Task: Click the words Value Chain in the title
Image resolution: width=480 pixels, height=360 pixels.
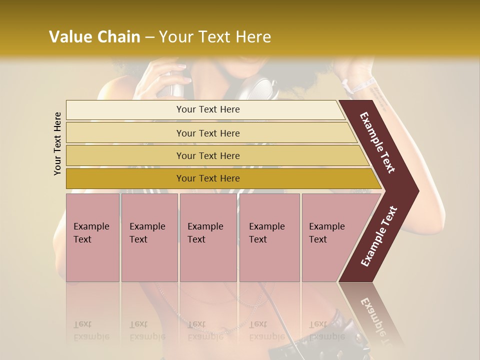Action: [94, 37]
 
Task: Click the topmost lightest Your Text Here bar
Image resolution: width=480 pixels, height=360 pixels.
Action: [208, 109]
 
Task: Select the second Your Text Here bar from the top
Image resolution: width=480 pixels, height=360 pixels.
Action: [208, 133]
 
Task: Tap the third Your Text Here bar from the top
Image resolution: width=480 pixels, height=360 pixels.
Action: [208, 155]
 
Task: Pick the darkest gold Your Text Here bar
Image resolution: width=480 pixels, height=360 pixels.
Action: [208, 178]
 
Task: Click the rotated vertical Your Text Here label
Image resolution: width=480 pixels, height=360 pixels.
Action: [57, 143]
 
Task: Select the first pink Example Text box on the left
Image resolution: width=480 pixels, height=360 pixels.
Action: [92, 237]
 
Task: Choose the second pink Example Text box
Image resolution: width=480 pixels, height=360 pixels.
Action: [149, 237]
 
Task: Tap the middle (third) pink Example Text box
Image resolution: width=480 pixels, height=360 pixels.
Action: [207, 237]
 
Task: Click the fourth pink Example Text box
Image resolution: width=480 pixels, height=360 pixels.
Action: [269, 237]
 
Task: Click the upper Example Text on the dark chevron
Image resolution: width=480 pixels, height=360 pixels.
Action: [378, 143]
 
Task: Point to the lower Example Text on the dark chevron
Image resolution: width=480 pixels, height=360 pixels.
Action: [379, 236]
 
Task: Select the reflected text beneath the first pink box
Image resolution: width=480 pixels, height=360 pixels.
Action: [91, 330]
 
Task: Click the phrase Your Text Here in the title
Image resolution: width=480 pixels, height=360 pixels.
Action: [215, 37]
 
